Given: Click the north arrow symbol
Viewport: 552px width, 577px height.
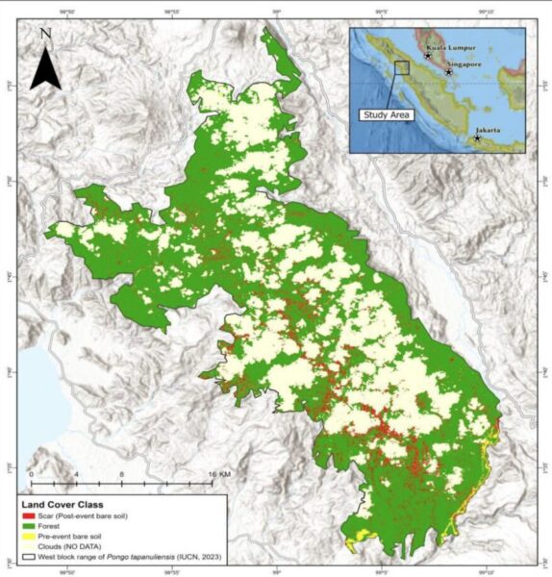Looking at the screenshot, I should [45, 69].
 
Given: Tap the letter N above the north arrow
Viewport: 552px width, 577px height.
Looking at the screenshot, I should [45, 35].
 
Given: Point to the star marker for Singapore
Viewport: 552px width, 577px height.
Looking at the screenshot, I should [448, 72].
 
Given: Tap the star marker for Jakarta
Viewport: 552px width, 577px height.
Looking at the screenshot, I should [477, 138].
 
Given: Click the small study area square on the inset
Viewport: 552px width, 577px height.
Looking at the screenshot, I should [402, 67].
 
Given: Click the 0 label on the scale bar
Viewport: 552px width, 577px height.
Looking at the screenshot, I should [32, 475].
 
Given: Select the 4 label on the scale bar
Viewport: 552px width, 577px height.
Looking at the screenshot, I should [76, 475].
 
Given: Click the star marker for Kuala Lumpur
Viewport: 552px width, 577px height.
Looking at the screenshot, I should [428, 56].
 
